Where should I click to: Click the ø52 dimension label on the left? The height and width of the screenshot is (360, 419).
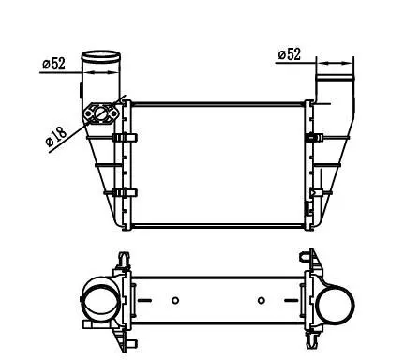coord(54,64)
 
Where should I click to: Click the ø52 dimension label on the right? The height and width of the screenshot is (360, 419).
coord(290,54)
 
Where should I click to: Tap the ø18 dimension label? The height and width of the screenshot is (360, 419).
coord(56,137)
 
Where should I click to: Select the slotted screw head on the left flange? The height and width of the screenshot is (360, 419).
coord(100,113)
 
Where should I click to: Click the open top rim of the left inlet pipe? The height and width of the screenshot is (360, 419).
coord(100,56)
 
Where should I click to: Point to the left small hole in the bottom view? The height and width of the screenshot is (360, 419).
coord(175,300)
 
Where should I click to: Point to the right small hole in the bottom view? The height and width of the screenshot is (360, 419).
coord(262,300)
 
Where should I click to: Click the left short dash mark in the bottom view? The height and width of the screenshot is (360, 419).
coord(144,301)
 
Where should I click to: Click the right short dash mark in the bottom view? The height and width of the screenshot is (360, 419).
coord(292,301)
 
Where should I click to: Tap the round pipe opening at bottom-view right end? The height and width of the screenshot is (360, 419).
coord(335,306)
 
